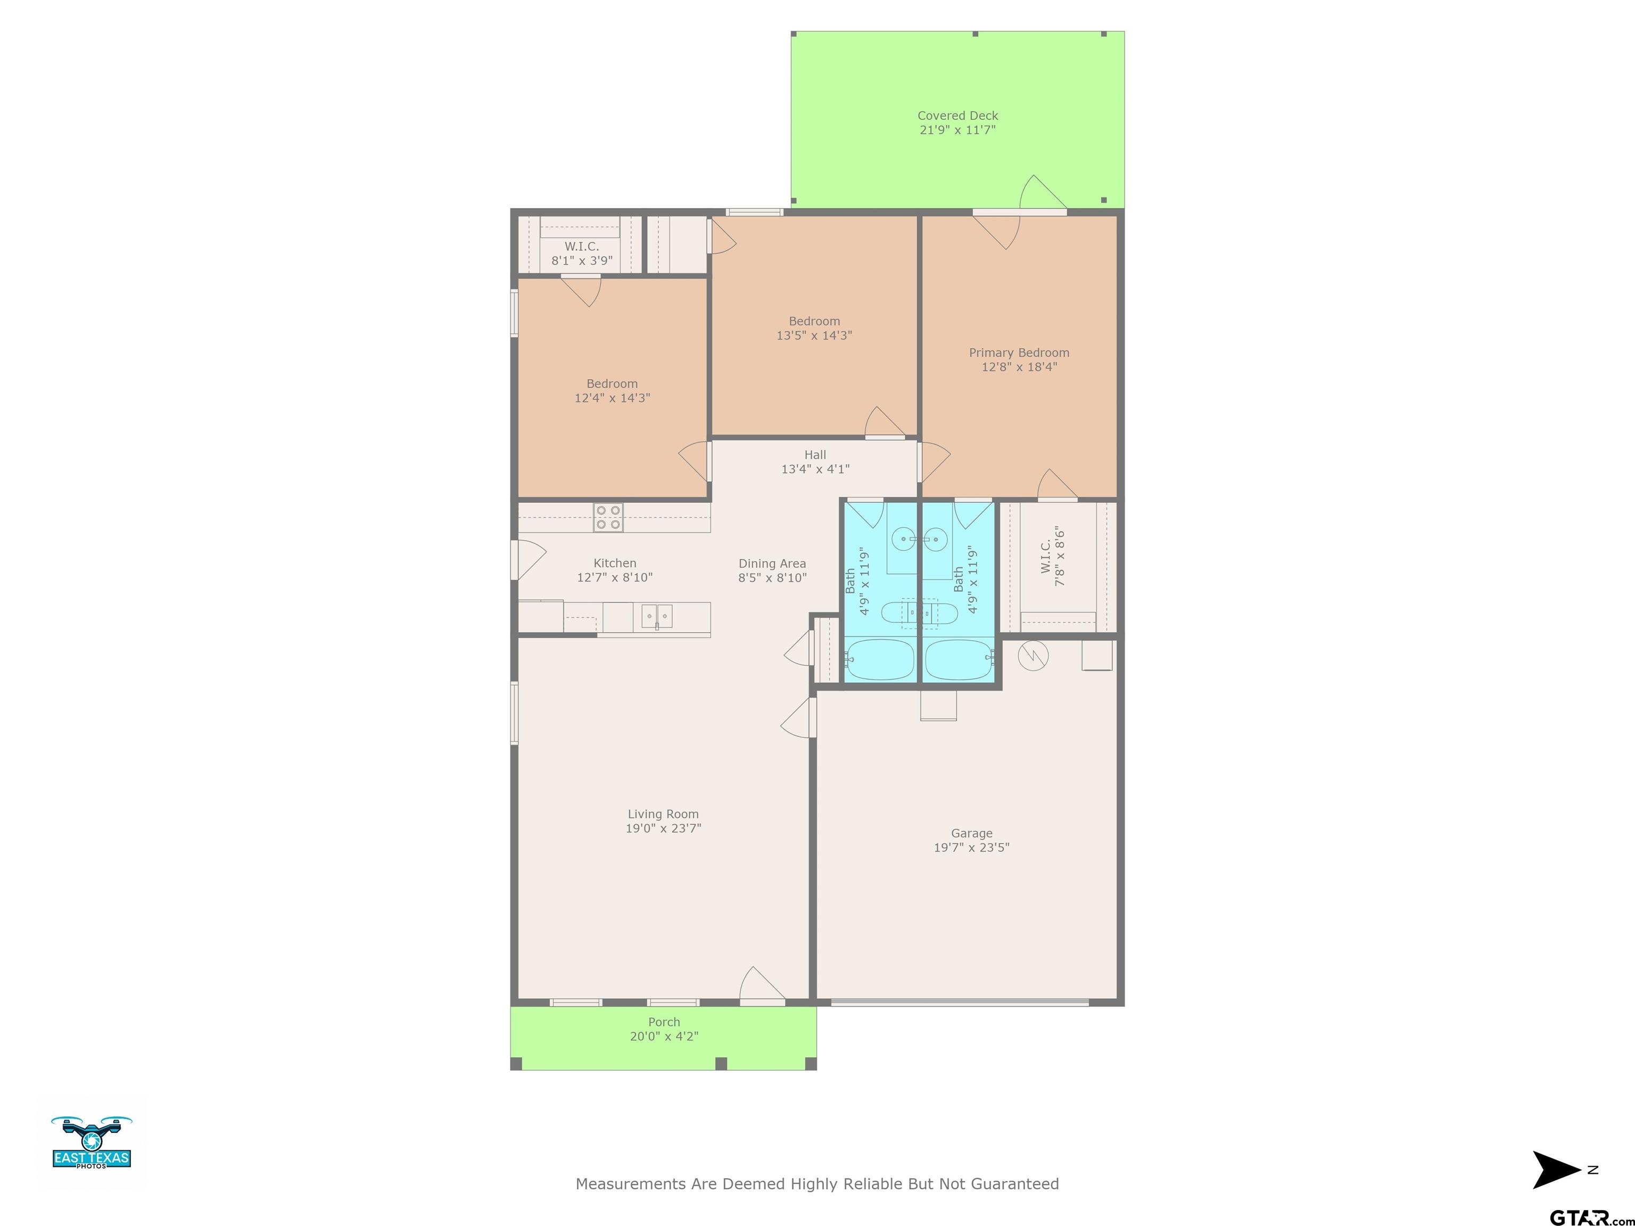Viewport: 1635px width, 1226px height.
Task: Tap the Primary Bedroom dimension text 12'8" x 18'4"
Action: point(1019,367)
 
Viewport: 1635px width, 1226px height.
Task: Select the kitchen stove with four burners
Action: point(608,517)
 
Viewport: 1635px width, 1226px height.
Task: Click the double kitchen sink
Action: point(656,616)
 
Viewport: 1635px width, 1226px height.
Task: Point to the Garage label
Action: point(971,833)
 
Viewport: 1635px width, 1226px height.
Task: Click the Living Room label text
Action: point(663,814)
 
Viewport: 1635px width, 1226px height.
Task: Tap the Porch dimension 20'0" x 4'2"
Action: point(664,1036)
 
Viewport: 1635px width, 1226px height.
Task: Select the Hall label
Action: point(815,454)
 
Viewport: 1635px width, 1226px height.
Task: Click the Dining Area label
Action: point(772,563)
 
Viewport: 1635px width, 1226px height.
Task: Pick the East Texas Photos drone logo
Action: point(92,1142)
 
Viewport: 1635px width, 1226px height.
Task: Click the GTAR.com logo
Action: point(1590,1216)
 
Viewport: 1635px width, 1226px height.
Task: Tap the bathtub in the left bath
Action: point(880,659)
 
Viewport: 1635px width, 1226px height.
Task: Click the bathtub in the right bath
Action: point(959,659)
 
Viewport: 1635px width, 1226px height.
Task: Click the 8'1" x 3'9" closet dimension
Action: point(582,260)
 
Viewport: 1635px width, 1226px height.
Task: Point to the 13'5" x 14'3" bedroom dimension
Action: point(814,335)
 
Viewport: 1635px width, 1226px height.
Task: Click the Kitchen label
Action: point(614,563)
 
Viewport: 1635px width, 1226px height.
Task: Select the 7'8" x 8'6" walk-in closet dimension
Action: point(1060,557)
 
